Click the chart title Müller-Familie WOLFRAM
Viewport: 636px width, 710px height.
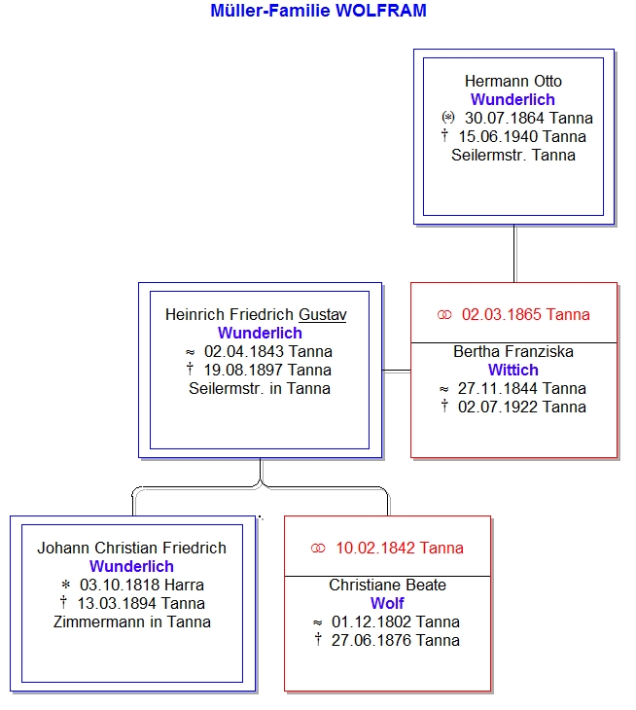318,11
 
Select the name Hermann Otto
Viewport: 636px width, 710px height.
513,81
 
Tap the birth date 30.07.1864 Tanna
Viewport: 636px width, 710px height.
529,119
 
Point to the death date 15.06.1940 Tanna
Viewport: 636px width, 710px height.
522,137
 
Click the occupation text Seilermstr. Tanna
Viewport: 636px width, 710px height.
513,156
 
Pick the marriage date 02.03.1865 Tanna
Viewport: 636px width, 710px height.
525,314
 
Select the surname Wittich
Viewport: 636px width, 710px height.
513,370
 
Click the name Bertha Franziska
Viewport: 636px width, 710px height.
513,351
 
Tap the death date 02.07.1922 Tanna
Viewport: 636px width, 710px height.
522,408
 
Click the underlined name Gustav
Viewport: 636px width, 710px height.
322,314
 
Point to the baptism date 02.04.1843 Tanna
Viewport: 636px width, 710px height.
268,351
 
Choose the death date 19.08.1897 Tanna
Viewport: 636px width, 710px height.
267,370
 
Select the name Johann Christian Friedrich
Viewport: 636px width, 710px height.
131,548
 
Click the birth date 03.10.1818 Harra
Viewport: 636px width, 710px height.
142,586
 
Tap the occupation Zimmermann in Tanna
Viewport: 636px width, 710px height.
131,622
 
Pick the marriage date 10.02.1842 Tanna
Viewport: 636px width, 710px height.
400,548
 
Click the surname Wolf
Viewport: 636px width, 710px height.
387,604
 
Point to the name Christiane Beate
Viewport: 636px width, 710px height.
387,586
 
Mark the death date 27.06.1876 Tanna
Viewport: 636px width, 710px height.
395,641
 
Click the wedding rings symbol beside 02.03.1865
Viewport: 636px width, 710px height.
444,315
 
